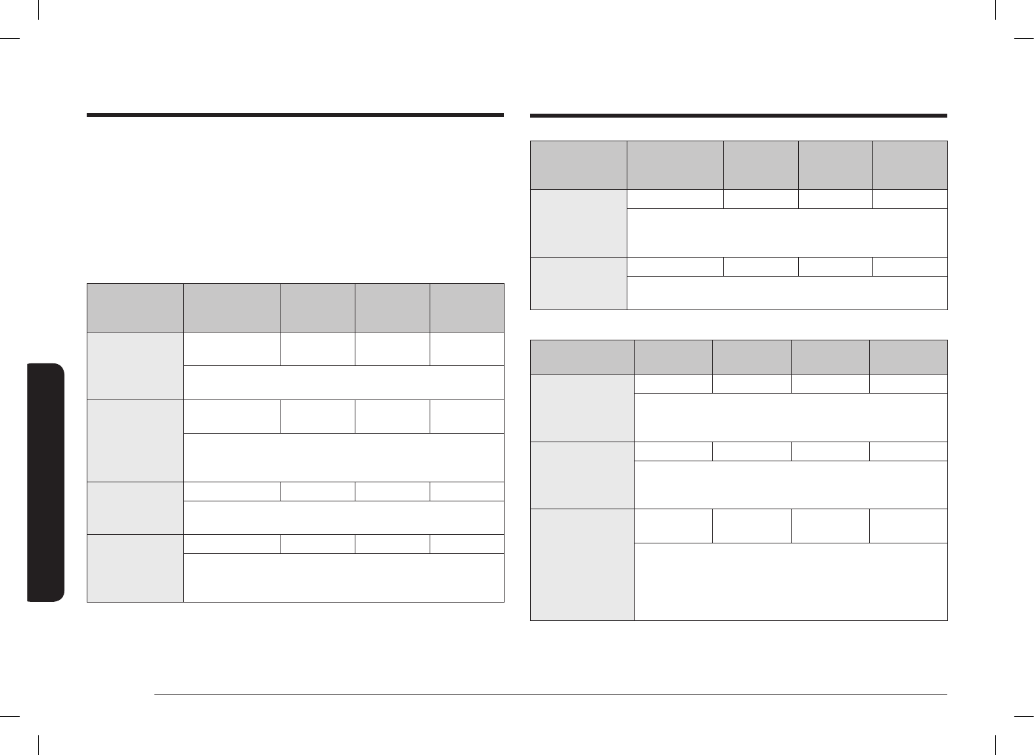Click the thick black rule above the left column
pos(295,116)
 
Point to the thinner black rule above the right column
pos(738,116)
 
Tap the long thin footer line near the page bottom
pos(550,694)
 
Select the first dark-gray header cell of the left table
pos(135,308)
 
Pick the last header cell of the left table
pos(467,308)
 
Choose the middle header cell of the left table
pos(318,308)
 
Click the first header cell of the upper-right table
pos(578,165)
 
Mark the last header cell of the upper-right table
pos(910,165)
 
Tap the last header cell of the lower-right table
pos(909,357)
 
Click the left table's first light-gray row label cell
pos(135,366)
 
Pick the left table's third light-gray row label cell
pos(135,509)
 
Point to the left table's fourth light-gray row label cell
pos(135,568)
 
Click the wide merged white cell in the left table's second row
pos(344,457)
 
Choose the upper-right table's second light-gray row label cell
pos(578,283)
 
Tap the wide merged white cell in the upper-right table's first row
pos(787,233)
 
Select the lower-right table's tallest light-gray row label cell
pos(582,564)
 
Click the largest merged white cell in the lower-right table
pos(791,582)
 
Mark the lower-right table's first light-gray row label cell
pos(582,408)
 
